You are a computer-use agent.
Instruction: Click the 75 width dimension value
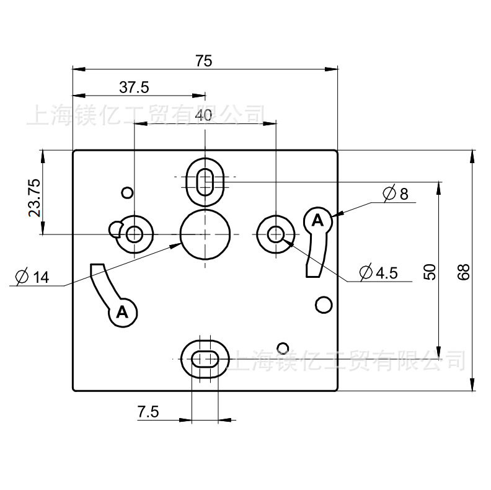(204, 61)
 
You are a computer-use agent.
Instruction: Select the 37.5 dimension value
(135, 87)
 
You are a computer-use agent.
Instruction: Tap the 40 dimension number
(203, 115)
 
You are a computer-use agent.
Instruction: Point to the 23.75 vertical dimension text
(35, 197)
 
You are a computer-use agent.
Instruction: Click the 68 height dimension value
(463, 271)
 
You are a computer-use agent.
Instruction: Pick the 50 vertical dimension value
(431, 270)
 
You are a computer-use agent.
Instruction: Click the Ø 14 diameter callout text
(32, 277)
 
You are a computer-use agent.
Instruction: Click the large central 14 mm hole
(204, 234)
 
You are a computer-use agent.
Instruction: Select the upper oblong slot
(205, 182)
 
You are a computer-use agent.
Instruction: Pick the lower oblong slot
(204, 359)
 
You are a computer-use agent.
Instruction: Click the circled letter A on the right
(317, 220)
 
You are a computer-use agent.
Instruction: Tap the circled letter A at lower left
(123, 312)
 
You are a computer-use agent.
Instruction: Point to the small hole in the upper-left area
(127, 192)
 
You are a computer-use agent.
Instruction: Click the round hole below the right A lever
(322, 305)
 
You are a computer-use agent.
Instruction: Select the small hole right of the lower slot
(283, 347)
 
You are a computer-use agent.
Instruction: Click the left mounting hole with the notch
(134, 234)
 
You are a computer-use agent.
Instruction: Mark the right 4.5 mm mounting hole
(275, 234)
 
